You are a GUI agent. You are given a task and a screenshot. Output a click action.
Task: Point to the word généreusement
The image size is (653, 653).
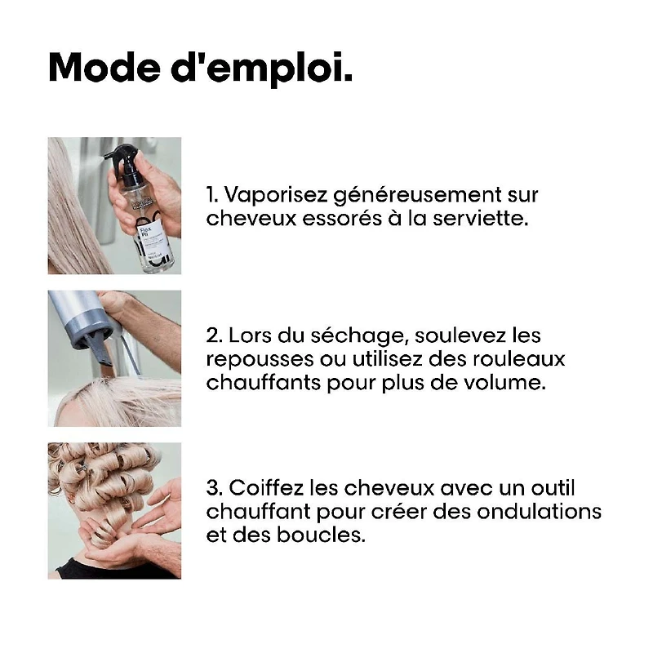(x=420, y=197)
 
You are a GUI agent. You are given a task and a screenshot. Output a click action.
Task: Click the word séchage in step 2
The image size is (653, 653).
(x=342, y=335)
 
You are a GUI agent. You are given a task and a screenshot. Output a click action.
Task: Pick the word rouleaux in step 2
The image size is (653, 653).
(x=523, y=358)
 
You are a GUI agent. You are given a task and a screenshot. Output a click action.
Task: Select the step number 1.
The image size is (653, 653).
(x=211, y=195)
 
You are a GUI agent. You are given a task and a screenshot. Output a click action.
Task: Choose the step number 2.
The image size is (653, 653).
(x=213, y=335)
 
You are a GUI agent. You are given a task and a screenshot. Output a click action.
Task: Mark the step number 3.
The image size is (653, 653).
(x=213, y=488)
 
